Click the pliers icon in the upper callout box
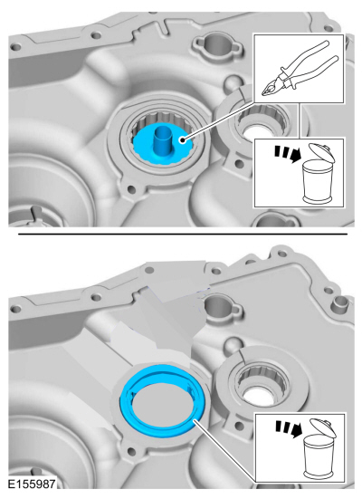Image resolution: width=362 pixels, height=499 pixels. click(299, 69)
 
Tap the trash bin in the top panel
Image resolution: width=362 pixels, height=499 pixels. click(317, 174)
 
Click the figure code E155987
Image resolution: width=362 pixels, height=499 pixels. click(32, 484)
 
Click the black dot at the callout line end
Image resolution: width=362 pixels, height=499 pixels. click(182, 139)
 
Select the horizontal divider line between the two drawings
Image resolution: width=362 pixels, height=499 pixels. click(183, 234)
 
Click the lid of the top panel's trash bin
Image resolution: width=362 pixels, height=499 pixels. click(322, 152)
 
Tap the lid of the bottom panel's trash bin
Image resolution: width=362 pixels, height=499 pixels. click(323, 427)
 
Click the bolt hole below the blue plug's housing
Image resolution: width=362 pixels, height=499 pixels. click(130, 189)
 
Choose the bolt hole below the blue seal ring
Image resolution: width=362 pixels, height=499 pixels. click(130, 451)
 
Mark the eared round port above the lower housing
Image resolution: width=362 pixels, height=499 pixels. click(220, 308)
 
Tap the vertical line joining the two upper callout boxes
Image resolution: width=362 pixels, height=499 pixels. click(299, 120)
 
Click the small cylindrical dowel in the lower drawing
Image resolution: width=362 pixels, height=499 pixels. click(340, 304)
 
